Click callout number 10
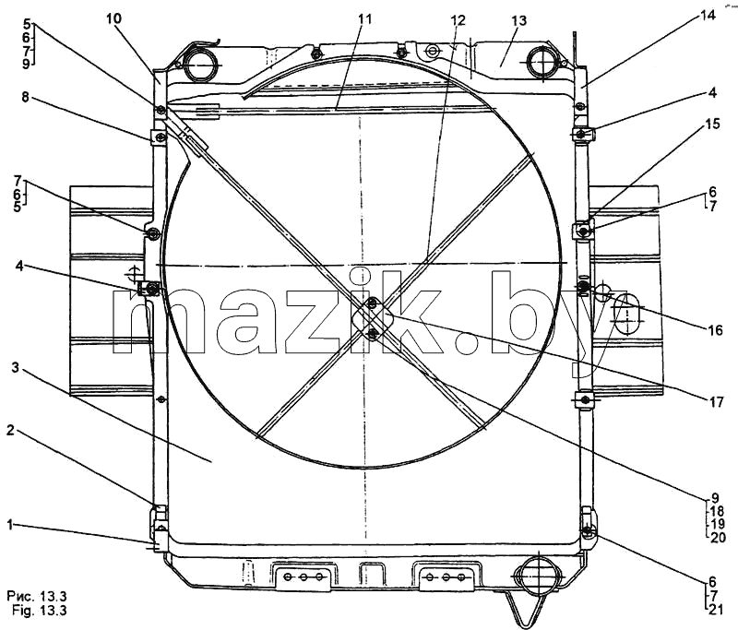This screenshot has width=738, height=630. tap(113, 18)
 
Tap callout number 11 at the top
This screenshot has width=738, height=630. tap(364, 19)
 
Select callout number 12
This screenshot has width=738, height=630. tap(458, 19)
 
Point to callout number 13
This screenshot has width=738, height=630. tap(518, 20)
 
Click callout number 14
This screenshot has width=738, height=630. tap(708, 16)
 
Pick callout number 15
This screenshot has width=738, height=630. tap(712, 125)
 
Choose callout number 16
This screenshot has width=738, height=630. tap(715, 330)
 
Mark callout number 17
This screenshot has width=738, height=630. tap(716, 402)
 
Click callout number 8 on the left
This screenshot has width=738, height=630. tap(25, 97)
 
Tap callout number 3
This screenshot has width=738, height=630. tap(16, 367)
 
